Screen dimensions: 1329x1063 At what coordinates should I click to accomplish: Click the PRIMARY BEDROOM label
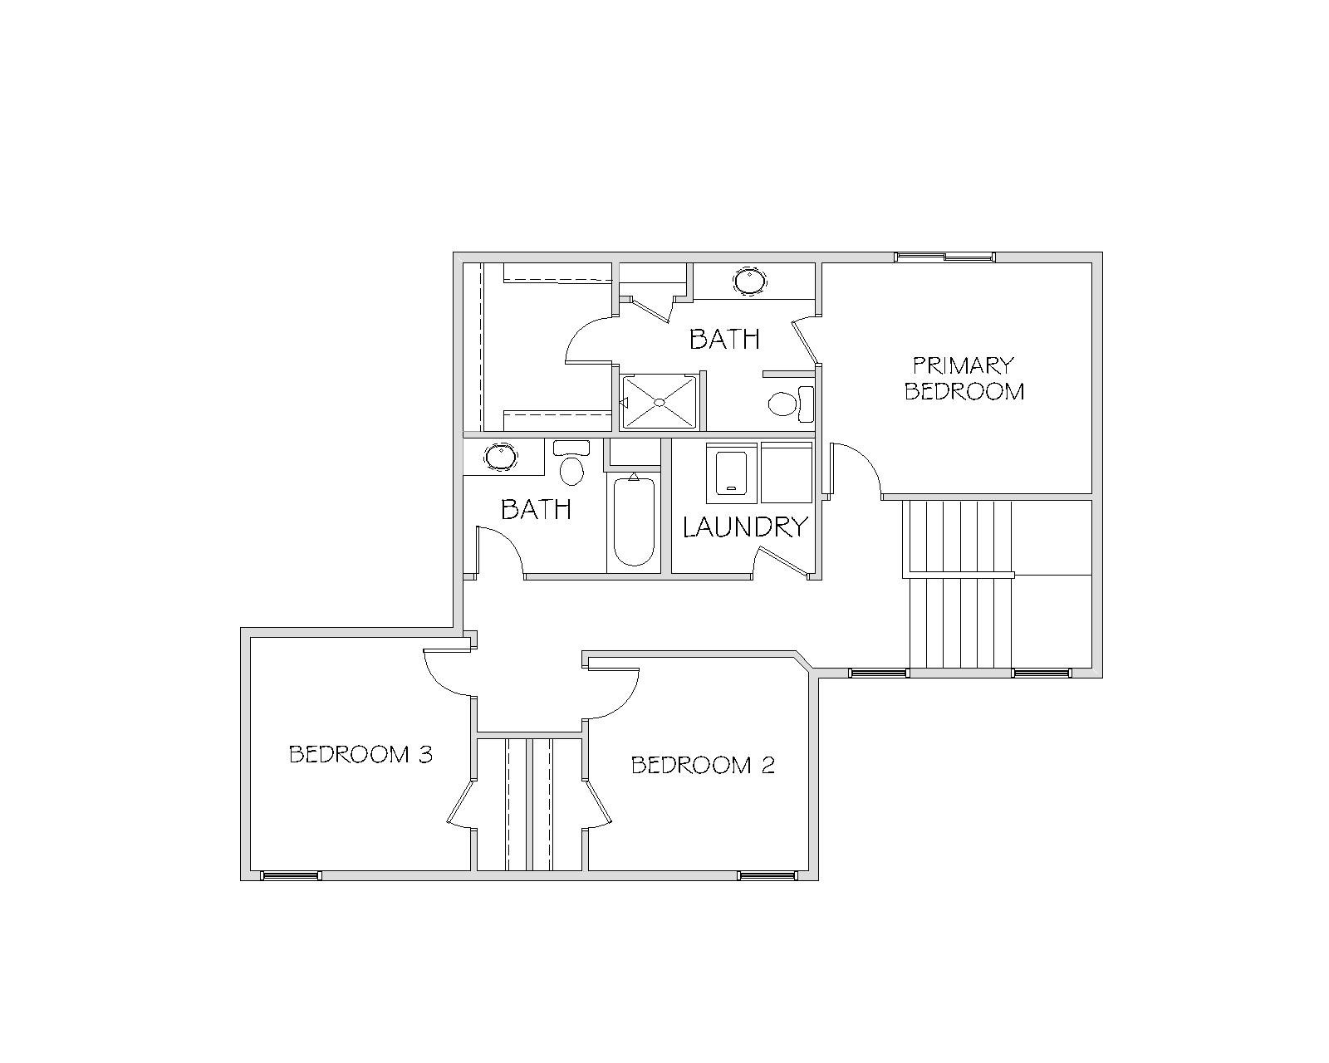click(x=964, y=379)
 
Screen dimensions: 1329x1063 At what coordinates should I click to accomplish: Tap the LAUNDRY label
click(x=745, y=527)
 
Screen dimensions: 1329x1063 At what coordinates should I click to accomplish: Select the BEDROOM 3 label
click(x=360, y=754)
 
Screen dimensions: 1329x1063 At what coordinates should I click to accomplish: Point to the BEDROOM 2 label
click(x=703, y=766)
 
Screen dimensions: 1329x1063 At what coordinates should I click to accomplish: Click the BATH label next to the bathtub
click(x=536, y=510)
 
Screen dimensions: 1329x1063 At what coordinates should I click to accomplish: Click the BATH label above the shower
click(x=724, y=339)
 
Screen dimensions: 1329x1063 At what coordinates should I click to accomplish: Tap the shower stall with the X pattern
click(x=659, y=402)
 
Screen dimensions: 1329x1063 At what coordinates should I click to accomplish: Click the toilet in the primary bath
click(x=791, y=404)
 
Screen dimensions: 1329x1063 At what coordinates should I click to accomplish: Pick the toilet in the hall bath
click(x=571, y=463)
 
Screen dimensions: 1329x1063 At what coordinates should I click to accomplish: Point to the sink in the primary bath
click(x=750, y=281)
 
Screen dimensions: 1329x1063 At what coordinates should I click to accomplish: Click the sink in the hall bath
click(x=500, y=457)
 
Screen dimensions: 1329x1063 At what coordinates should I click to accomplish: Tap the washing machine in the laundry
click(x=732, y=473)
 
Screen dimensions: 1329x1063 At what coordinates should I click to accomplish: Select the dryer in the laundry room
click(x=787, y=473)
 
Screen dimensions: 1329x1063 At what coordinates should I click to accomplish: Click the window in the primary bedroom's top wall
click(x=945, y=257)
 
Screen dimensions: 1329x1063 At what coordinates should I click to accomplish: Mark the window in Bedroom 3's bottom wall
click(x=290, y=875)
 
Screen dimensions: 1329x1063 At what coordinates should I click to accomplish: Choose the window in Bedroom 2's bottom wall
click(x=767, y=875)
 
